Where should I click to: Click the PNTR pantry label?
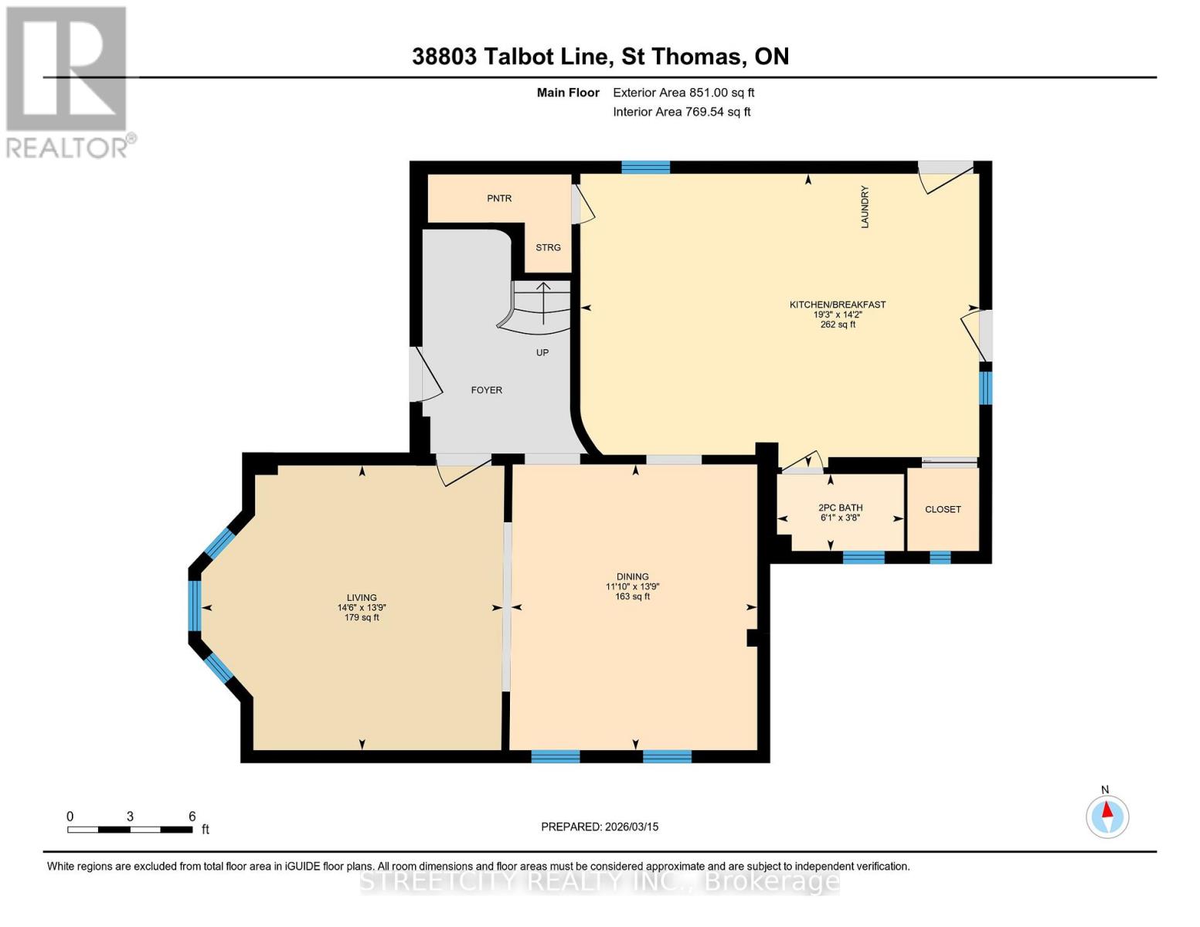click(x=499, y=199)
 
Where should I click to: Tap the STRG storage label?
click(x=548, y=248)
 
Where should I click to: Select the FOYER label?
click(x=486, y=390)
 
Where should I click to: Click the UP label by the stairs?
click(x=542, y=353)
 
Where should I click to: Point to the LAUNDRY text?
click(x=865, y=207)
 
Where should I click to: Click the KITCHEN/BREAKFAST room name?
click(x=837, y=304)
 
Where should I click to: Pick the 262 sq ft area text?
click(x=838, y=325)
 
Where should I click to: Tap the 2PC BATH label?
click(x=840, y=508)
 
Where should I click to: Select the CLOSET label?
click(x=943, y=510)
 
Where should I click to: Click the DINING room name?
click(x=632, y=577)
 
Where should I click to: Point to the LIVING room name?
click(x=362, y=598)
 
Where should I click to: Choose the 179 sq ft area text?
click(x=362, y=618)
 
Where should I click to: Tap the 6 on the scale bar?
click(x=192, y=817)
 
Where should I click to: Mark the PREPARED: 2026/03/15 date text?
click(x=600, y=827)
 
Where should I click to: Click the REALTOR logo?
click(x=67, y=81)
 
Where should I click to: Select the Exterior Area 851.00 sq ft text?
click(x=683, y=93)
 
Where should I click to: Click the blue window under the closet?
click(x=940, y=557)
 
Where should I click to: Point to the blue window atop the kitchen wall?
click(x=645, y=167)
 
